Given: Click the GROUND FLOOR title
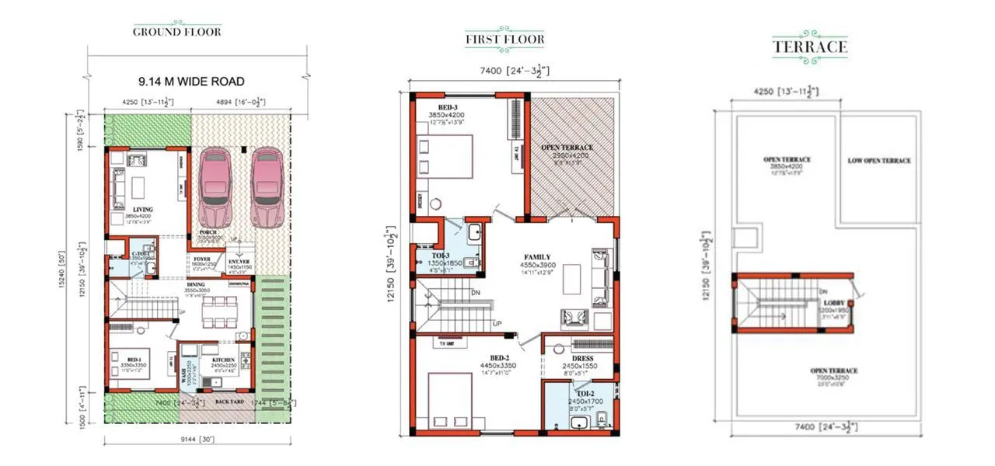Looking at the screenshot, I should tap(176, 32).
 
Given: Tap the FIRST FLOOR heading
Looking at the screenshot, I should tap(504, 39).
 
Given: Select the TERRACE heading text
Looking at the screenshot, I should tap(809, 47).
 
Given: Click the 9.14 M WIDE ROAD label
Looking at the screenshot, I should tap(191, 81).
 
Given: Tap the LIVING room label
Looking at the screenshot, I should tap(142, 210).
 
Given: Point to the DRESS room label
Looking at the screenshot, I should tap(582, 359).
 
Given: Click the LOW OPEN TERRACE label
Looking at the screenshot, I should tap(878, 161).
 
